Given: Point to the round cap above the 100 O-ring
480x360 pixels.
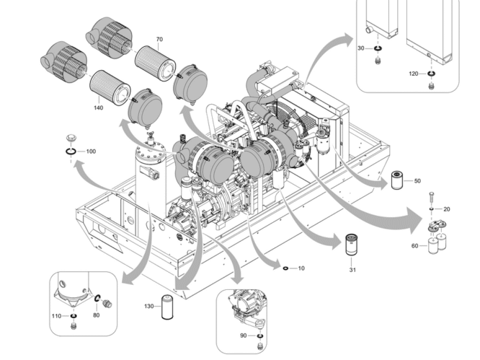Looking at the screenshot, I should tap(70, 137).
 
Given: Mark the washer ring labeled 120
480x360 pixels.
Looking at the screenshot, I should tap(431, 74).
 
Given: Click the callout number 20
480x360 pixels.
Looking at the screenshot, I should tap(446, 209).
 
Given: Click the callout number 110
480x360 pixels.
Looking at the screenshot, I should tap(56, 316).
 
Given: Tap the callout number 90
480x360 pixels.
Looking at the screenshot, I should tap(243, 336).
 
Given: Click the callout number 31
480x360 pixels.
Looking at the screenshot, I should tap(352, 270).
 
